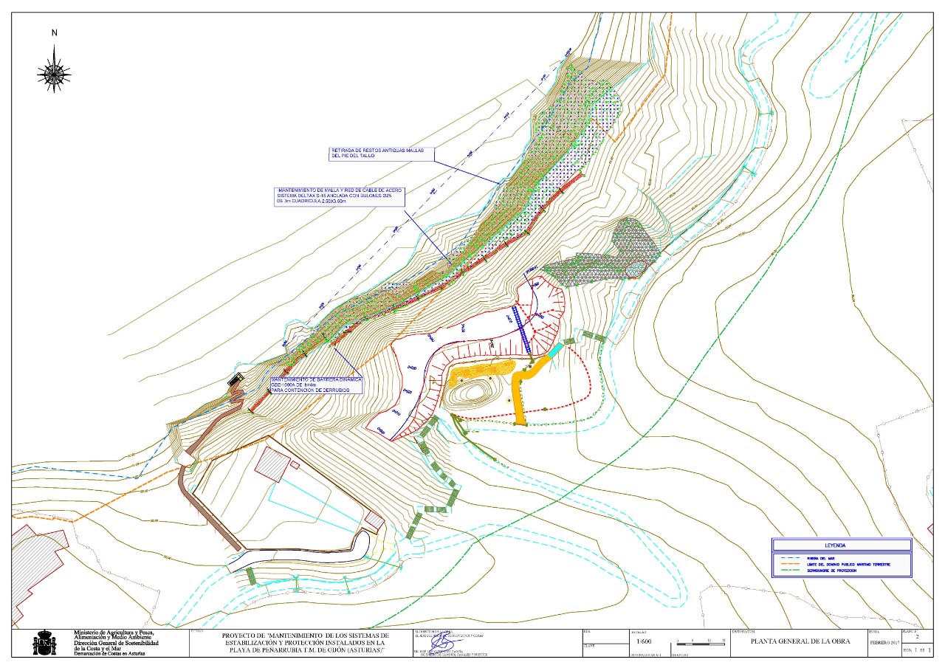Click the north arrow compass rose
[54, 70]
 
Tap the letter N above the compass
[54, 32]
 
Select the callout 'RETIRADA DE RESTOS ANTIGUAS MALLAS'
[381, 154]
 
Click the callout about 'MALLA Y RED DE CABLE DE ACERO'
[339, 196]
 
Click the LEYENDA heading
[841, 545]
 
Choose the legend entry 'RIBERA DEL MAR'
[821, 558]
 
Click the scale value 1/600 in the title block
[645, 642]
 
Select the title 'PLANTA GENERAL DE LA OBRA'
[800, 641]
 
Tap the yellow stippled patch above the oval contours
[482, 369]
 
